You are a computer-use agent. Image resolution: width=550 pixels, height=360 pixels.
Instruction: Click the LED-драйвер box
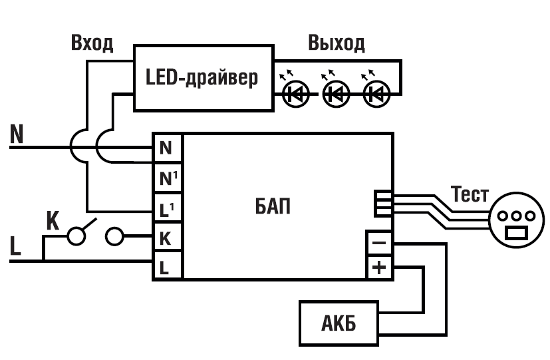[204, 79]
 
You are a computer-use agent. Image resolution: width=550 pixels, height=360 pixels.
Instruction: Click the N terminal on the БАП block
[167, 148]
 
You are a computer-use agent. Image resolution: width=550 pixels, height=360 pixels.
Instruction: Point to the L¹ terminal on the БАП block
[167, 208]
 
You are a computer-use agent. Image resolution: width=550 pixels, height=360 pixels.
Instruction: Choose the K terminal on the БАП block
[167, 237]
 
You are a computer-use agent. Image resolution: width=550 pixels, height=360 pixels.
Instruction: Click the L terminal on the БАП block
[167, 266]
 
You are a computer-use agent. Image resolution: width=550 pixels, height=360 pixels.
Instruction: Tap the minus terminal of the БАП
[379, 242]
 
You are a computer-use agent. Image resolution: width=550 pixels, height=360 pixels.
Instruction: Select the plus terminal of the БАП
[379, 268]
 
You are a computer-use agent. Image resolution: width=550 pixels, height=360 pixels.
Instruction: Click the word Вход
[92, 44]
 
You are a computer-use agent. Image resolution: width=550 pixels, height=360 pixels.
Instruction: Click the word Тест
[470, 196]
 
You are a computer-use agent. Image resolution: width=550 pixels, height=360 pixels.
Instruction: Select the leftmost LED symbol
[295, 94]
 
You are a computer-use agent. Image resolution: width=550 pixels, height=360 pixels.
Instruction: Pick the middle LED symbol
[335, 94]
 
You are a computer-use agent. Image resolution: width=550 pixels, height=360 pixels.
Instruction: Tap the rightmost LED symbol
[376, 94]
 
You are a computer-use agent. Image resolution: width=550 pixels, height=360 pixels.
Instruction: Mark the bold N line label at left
[17, 134]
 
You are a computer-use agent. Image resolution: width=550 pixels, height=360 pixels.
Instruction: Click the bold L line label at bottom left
[16, 246]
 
